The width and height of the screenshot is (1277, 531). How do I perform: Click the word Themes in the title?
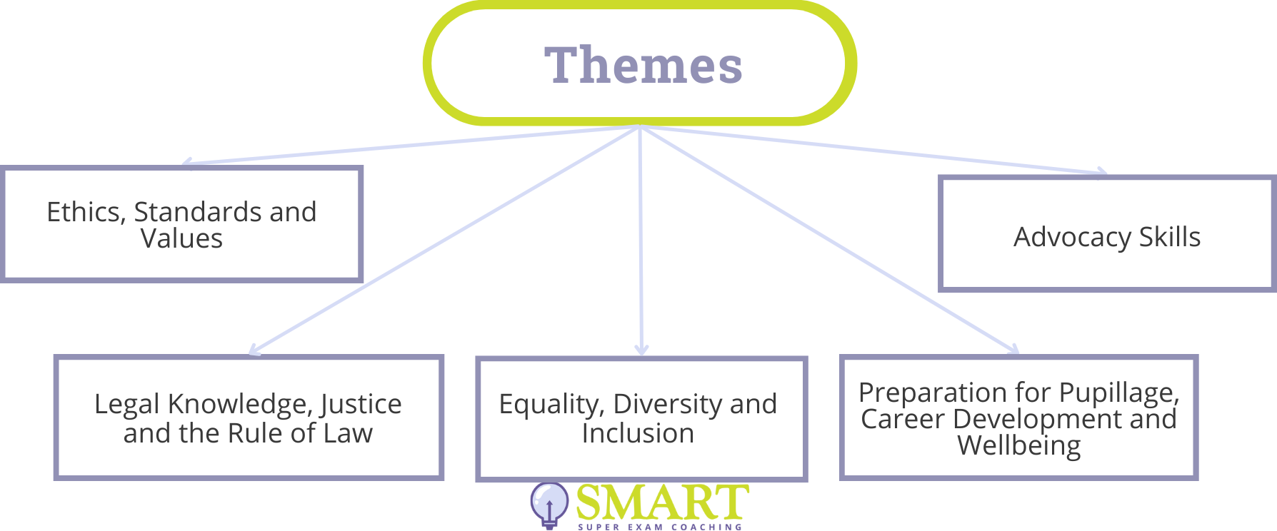643,65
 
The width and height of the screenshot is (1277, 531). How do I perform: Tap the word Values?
181,238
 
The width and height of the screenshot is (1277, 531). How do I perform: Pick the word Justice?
361,405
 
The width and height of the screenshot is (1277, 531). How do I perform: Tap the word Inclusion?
638,433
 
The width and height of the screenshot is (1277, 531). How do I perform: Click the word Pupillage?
1119,393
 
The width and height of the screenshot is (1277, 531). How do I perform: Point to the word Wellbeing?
1019,446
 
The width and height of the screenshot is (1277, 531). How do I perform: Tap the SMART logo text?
662,502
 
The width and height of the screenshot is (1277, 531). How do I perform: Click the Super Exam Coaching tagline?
660,527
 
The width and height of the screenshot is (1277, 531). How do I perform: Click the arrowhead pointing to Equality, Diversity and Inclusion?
641,350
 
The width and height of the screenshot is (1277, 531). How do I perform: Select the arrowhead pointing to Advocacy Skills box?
1101,171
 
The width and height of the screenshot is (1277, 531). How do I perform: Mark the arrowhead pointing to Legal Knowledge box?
254,350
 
